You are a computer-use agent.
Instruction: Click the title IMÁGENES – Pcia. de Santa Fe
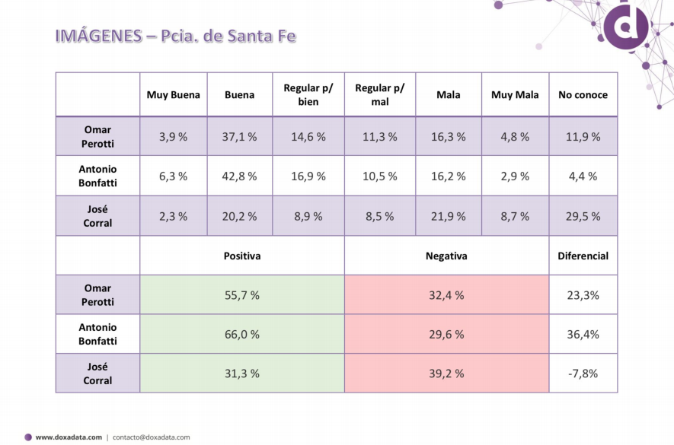(x=175, y=36)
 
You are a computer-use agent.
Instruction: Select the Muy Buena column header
(x=174, y=95)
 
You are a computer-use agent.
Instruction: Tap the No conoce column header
(x=583, y=95)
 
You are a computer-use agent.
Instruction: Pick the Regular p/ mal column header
(x=379, y=95)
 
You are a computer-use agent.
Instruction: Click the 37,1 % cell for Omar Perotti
(x=240, y=137)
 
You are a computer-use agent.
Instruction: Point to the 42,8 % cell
(x=240, y=176)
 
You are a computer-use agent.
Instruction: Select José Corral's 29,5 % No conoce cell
(x=583, y=216)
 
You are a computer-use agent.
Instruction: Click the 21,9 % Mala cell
(x=448, y=216)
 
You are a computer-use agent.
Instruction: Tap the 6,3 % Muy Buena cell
(x=173, y=176)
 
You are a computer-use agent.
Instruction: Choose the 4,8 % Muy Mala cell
(x=515, y=137)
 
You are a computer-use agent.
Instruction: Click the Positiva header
(x=241, y=256)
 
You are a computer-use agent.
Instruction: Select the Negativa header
(x=446, y=256)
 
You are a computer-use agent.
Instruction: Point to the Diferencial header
(x=583, y=256)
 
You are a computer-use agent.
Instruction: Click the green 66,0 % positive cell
(x=241, y=334)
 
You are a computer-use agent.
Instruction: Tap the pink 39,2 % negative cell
(x=446, y=373)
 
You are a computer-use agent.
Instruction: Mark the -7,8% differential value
(x=583, y=373)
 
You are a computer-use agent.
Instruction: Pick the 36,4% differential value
(x=583, y=334)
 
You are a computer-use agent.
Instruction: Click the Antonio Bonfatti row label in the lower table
(x=97, y=334)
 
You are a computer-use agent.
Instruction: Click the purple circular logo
(x=626, y=27)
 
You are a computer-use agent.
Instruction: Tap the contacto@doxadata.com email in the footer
(x=152, y=437)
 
